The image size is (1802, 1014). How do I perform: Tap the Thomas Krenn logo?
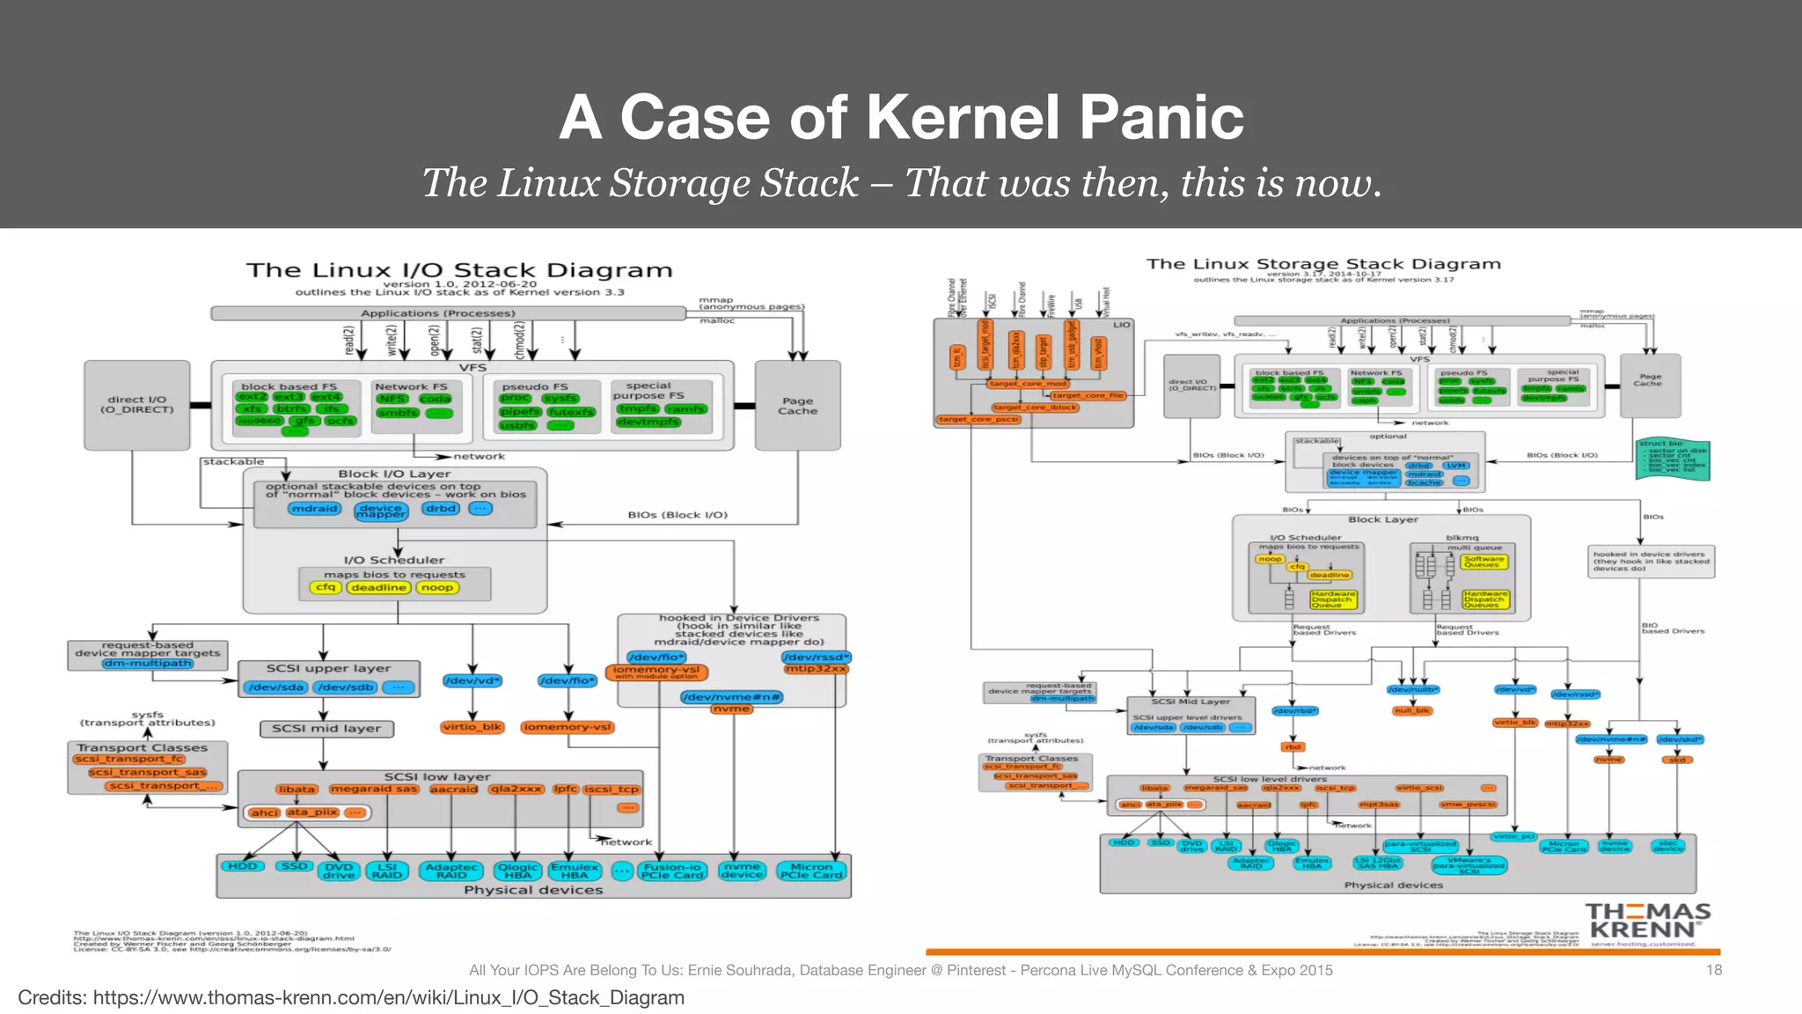[1647, 922]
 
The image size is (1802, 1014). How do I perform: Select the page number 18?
[1713, 970]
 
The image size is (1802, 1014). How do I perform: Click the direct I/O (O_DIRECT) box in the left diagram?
[136, 405]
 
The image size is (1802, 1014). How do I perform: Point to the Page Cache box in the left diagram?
[797, 406]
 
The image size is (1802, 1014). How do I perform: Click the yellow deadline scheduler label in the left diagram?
[378, 587]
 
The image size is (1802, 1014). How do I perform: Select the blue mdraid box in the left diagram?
[314, 509]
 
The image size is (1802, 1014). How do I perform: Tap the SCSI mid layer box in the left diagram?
[326, 729]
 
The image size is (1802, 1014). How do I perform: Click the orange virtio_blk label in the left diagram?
[472, 727]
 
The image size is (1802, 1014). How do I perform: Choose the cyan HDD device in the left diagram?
[243, 866]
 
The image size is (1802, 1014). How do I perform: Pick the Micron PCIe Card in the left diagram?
[810, 871]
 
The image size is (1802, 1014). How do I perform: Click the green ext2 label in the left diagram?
[252, 397]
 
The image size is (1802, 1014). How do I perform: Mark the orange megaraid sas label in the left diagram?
[374, 789]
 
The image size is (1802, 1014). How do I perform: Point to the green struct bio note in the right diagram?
[1672, 459]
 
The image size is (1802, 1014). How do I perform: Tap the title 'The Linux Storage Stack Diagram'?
[1322, 264]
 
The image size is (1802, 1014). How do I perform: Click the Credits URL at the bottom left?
[388, 998]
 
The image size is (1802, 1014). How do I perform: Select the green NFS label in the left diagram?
[392, 399]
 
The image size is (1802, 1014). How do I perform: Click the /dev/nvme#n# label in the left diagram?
[731, 697]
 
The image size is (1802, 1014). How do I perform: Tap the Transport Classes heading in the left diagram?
[142, 747]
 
